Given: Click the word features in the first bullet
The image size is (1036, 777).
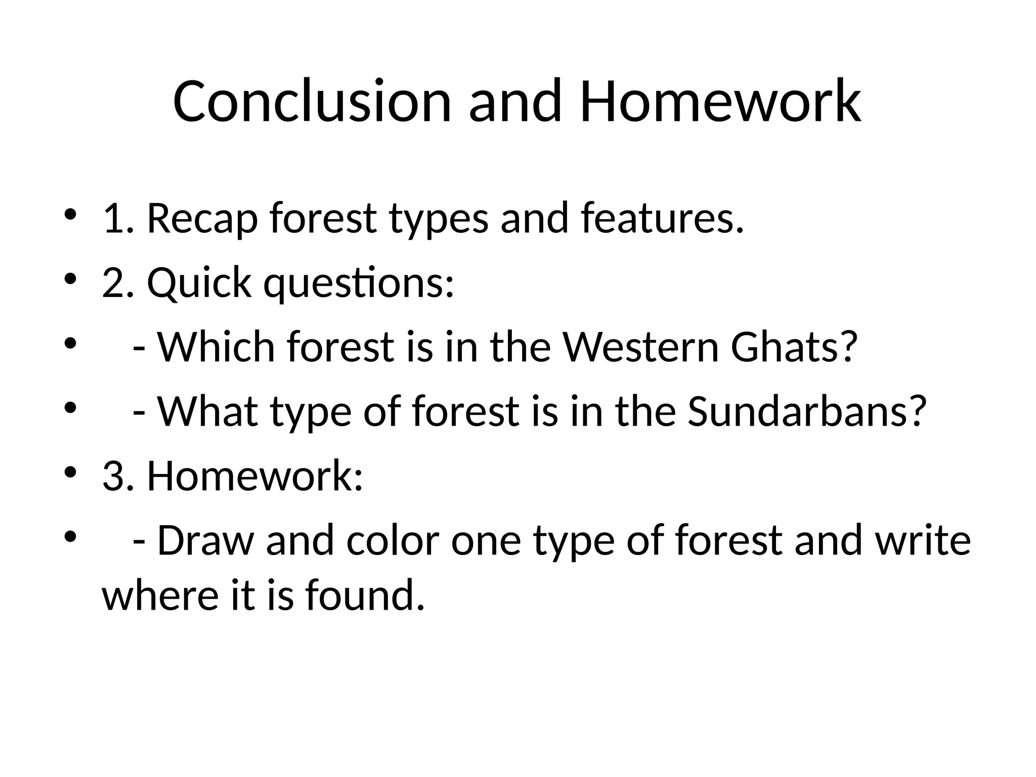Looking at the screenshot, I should tap(663, 219).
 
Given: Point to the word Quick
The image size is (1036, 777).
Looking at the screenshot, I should tap(199, 283).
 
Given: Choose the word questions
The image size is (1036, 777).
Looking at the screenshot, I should tap(359, 283).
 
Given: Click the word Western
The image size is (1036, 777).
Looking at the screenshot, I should tap(641, 348).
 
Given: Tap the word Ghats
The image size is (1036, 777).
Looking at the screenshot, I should tap(794, 348).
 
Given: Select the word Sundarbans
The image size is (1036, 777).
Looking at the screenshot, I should tap(807, 412).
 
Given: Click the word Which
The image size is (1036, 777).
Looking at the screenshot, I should tap(216, 348).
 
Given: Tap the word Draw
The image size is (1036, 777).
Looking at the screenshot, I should tap(205, 541).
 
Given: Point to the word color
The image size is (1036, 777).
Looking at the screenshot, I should tap(393, 541).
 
